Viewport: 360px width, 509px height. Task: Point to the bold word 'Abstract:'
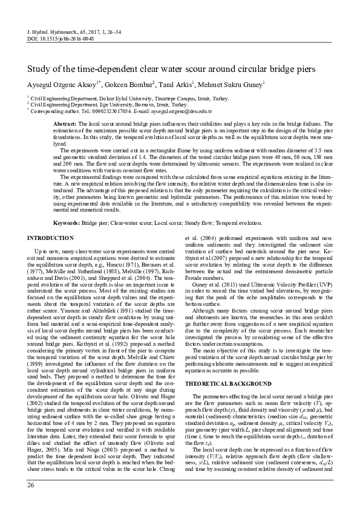(65, 123)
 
